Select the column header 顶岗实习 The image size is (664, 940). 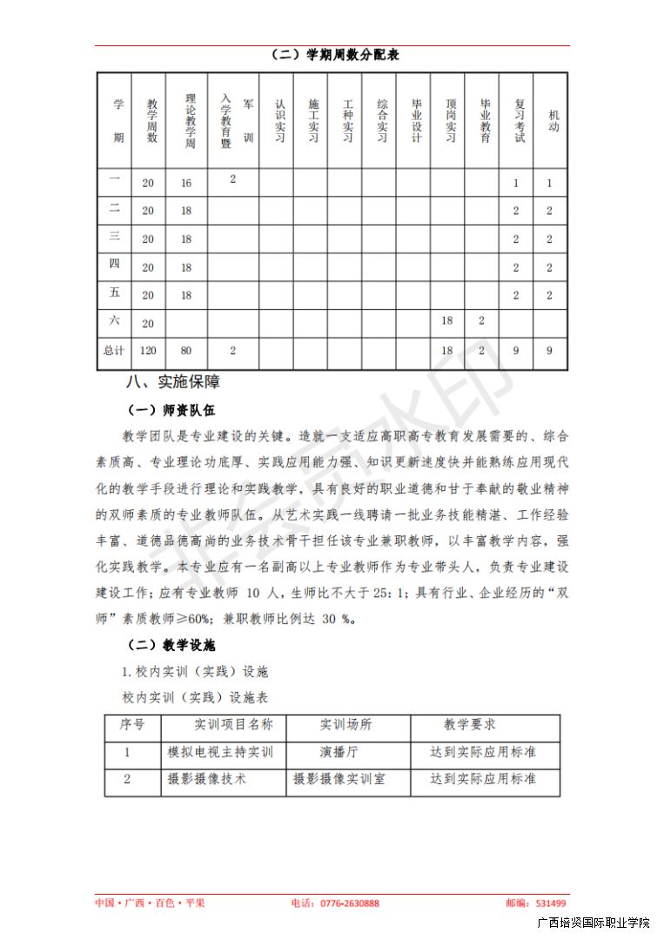(x=448, y=120)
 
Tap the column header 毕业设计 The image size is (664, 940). (x=415, y=120)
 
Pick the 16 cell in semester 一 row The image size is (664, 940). (x=186, y=184)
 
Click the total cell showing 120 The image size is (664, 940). (x=148, y=351)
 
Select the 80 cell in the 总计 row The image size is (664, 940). (x=186, y=351)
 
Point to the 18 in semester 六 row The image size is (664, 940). (x=447, y=321)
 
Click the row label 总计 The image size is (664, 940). (x=115, y=351)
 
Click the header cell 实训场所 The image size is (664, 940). (x=345, y=725)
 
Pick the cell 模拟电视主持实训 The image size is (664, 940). (x=220, y=752)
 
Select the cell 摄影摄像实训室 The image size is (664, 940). (x=339, y=779)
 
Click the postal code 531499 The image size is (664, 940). (x=551, y=903)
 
